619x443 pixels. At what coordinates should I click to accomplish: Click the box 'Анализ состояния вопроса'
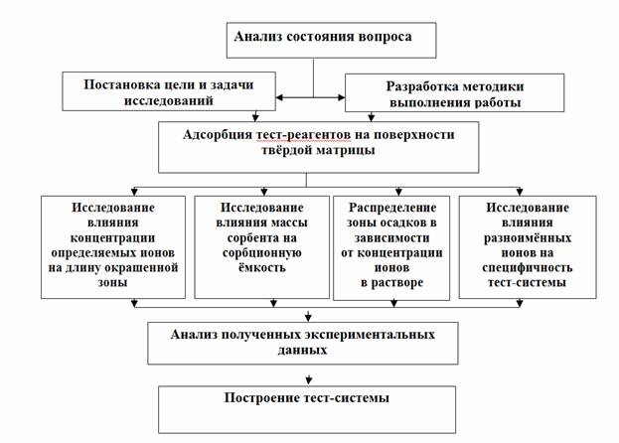click(x=331, y=41)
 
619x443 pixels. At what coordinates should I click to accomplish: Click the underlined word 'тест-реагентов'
click(x=303, y=135)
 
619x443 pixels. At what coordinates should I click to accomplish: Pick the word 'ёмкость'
click(x=261, y=267)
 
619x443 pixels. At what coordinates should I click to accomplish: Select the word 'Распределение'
click(x=392, y=208)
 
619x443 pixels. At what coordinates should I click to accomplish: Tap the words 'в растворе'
click(x=391, y=283)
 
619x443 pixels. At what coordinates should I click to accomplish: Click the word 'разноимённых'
click(x=528, y=238)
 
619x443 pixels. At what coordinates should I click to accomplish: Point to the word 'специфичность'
click(x=527, y=268)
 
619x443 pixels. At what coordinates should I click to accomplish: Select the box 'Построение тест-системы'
click(x=307, y=409)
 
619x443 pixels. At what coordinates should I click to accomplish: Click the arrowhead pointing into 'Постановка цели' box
click(x=279, y=97)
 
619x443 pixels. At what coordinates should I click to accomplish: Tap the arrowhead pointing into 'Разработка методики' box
click(x=342, y=97)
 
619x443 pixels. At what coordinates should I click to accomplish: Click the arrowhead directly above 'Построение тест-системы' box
click(x=309, y=379)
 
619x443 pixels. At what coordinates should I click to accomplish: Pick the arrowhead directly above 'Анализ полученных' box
click(x=308, y=317)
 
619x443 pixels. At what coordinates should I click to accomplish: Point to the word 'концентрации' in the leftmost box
click(x=112, y=238)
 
